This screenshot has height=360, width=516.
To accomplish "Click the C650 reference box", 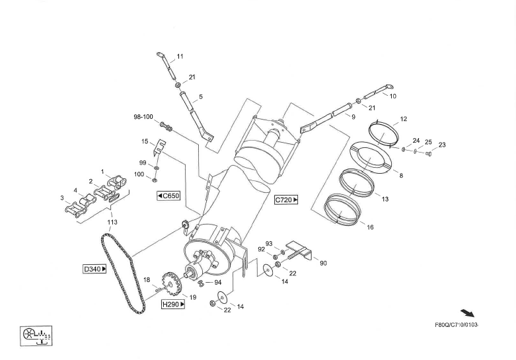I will point(168,196).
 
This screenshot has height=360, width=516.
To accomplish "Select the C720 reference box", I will point(287,199).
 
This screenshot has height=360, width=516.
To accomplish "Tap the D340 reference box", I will point(94,269).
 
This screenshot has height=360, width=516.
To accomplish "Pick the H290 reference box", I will point(173,304).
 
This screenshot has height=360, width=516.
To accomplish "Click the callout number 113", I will point(112,223).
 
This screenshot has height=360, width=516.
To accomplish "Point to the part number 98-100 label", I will point(143,117).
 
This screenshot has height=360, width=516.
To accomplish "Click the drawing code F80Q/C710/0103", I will point(456,325).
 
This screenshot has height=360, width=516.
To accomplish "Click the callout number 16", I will point(370,227).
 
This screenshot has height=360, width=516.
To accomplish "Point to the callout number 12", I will point(403,120).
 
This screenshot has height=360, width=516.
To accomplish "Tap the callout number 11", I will point(180,56).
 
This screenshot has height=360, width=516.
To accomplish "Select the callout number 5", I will point(200,97).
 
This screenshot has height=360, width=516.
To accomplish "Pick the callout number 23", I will point(442,145).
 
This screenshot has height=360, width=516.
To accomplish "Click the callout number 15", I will point(145,141).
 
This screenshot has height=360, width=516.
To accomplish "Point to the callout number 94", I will point(218,282).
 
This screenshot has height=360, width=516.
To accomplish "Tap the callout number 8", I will point(400,175).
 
